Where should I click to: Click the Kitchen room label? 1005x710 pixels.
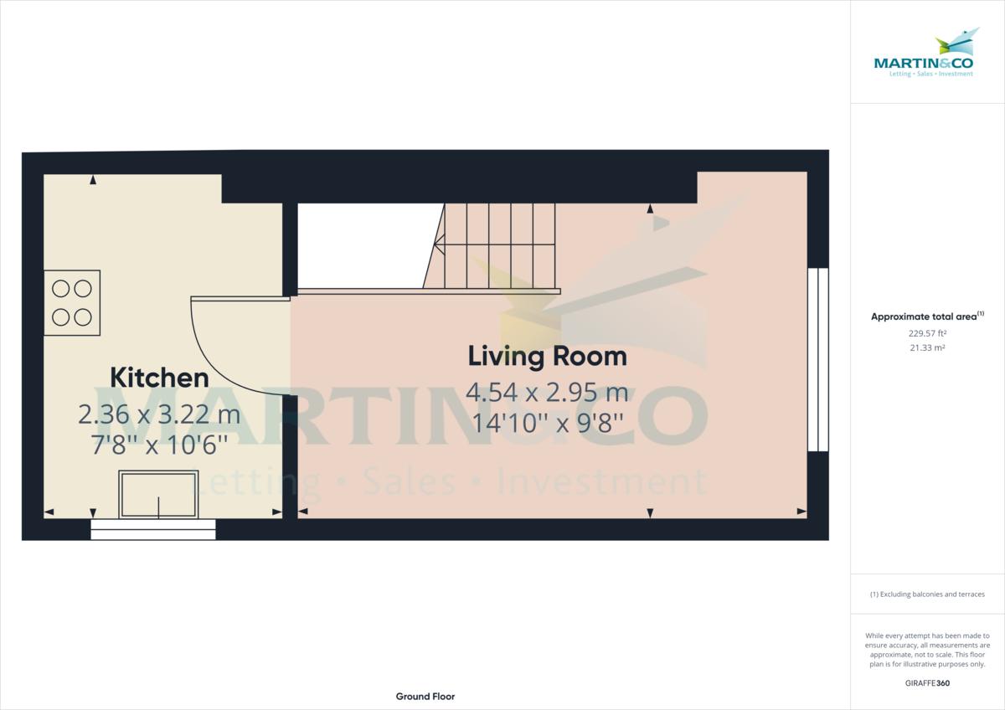click(159, 378)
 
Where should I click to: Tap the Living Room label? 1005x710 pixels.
click(547, 356)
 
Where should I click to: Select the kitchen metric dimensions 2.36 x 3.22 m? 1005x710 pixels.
click(159, 414)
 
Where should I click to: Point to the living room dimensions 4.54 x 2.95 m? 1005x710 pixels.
click(547, 392)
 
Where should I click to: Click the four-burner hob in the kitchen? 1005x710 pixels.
click(72, 303)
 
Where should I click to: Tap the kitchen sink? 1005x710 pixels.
click(158, 495)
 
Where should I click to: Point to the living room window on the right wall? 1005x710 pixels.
click(817, 360)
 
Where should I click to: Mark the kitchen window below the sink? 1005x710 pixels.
click(153, 529)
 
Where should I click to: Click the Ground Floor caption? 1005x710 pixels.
click(425, 697)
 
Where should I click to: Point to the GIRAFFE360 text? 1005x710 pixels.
click(927, 683)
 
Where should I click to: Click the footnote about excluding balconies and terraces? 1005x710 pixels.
click(927, 594)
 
